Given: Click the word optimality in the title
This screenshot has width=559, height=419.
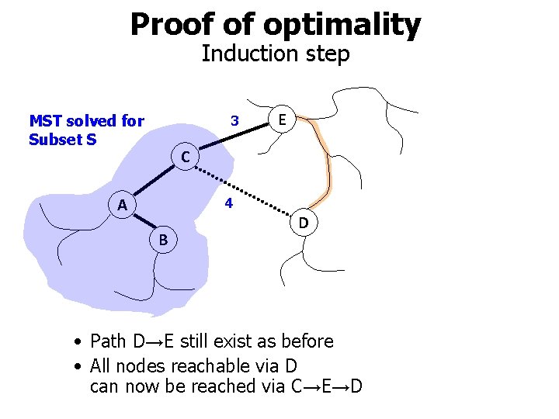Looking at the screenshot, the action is click(342, 24).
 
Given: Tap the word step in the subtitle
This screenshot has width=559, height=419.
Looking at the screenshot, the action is click(328, 54).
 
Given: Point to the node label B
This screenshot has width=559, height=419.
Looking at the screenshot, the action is click(163, 241).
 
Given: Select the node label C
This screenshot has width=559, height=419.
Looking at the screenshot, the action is click(185, 158).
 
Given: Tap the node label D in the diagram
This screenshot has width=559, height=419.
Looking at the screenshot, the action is click(304, 223).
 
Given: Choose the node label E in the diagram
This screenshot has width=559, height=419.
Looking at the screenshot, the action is click(282, 120).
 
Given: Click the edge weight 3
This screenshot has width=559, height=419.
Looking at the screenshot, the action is click(234, 121).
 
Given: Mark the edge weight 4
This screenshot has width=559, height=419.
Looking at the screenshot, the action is click(228, 204).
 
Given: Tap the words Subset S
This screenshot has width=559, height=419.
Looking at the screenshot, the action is click(62, 140).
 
